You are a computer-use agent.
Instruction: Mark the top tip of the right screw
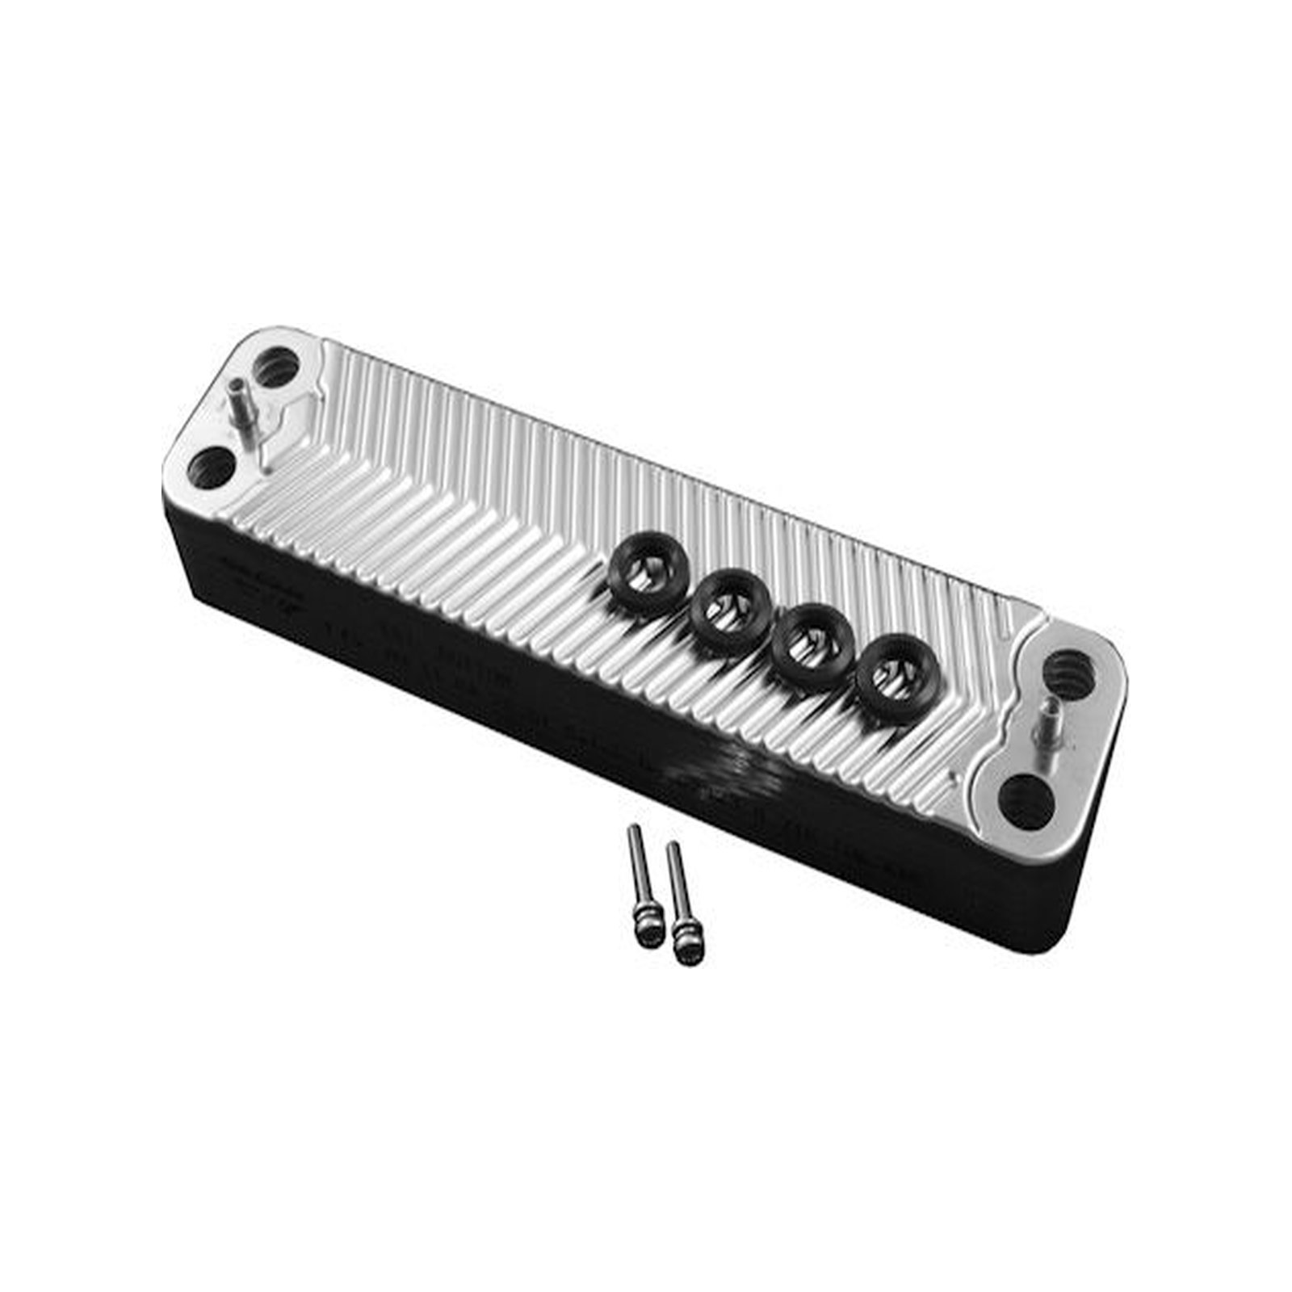pyautogui.click(x=669, y=846)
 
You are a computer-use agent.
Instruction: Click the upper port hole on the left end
pyautogui.click(x=277, y=368)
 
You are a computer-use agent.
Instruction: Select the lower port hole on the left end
pyautogui.click(x=212, y=469)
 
